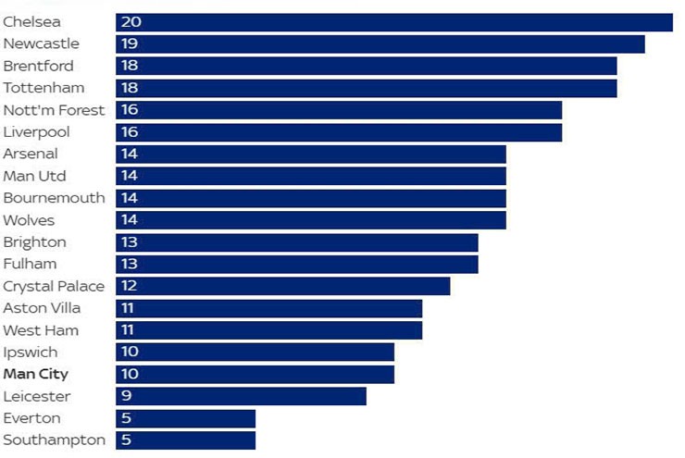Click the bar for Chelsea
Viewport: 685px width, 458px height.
pos(393,22)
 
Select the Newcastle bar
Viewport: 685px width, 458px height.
pos(380,44)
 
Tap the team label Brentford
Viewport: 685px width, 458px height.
pos(38,66)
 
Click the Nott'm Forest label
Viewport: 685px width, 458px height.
pos(54,110)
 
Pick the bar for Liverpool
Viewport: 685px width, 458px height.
pos(338,132)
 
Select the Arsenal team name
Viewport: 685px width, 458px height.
pos(31,154)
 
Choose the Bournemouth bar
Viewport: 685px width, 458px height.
pos(310,198)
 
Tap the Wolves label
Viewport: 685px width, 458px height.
pos(29,220)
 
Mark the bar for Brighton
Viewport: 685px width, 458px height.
pos(296,242)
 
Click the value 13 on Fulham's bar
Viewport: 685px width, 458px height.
pos(129,265)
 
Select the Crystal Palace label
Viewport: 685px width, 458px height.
pos(54,286)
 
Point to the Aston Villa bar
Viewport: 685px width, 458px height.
pos(268,308)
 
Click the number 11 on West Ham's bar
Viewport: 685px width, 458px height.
pos(128,330)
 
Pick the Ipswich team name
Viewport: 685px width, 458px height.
pos(30,353)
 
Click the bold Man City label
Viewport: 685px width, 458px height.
pos(35,375)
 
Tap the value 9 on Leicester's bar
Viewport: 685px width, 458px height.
pos(126,397)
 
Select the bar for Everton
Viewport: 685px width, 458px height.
pos(185,418)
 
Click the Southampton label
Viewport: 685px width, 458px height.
pos(54,440)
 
